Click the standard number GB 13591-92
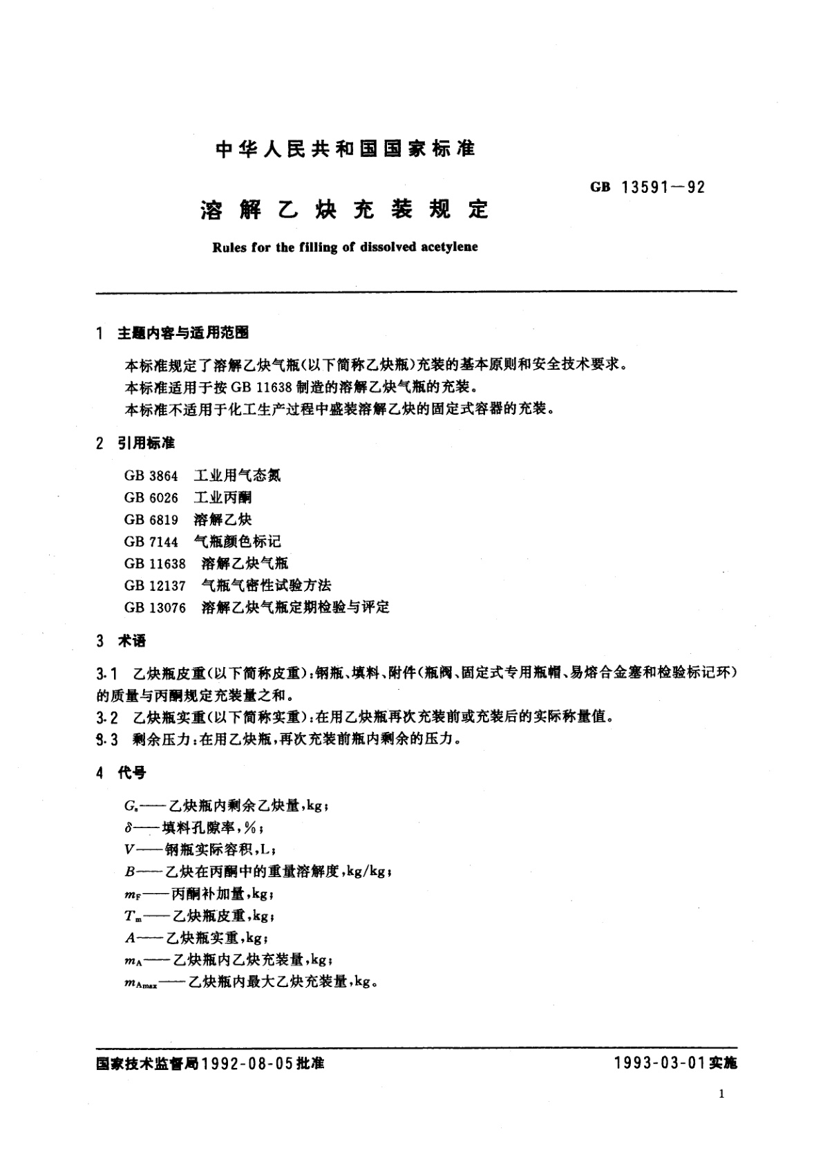click(x=647, y=187)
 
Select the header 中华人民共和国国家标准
click(x=346, y=149)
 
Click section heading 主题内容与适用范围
click(x=182, y=333)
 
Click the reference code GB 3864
click(x=151, y=476)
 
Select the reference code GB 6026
click(x=151, y=498)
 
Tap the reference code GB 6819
click(x=151, y=520)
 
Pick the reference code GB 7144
click(x=151, y=541)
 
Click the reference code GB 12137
click(x=155, y=585)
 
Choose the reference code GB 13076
click(x=155, y=608)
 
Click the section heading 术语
click(x=131, y=641)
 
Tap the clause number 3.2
click(x=107, y=717)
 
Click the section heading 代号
click(x=131, y=773)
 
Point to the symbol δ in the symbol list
click(x=129, y=828)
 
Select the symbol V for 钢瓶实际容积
click(x=129, y=850)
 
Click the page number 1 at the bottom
click(x=722, y=1093)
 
